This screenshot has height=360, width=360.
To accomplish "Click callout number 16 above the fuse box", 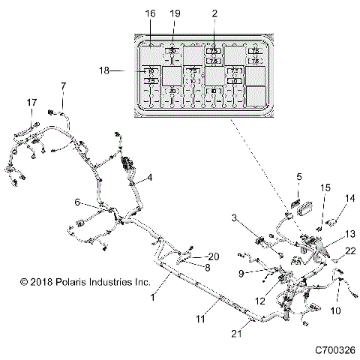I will coord(150,14).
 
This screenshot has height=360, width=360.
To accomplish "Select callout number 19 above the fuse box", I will coord(175,14).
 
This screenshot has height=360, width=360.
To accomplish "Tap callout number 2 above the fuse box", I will coord(214,14).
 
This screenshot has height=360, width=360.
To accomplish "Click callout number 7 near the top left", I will coord(63,85).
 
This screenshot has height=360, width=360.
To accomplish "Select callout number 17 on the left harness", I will coord(31,102).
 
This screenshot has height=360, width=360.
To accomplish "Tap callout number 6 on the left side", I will coord(77,202).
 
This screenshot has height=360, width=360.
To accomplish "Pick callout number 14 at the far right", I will coord(349,199).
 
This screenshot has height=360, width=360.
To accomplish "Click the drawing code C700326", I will coord(335,349).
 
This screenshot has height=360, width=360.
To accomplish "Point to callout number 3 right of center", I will coord(235,217).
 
